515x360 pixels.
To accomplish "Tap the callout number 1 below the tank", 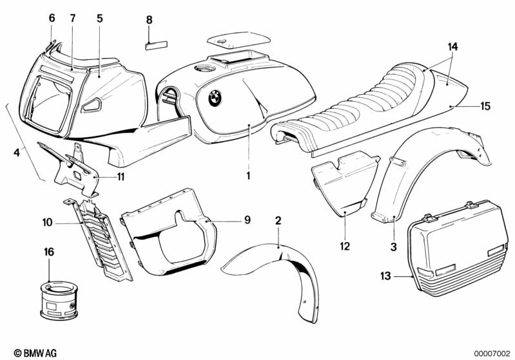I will (x=248, y=175).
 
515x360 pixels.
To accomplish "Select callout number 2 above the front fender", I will (x=278, y=221).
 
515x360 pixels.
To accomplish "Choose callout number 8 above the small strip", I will (x=149, y=20).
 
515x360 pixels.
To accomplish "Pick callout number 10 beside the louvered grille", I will (x=46, y=223).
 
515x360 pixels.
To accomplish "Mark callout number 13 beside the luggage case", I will (x=385, y=276).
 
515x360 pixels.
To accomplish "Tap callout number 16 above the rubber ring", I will (x=49, y=251).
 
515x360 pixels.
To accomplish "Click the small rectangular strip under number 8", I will (x=157, y=46).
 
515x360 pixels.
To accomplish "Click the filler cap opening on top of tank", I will (x=208, y=68).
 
